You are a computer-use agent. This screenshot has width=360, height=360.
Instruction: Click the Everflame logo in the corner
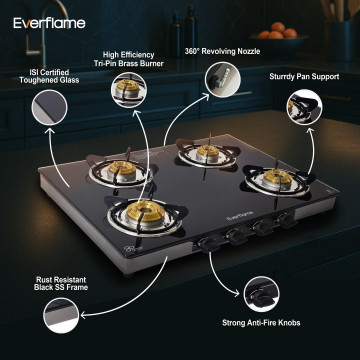point(49,23)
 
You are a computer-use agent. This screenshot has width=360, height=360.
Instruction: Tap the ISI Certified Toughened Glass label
point(49,76)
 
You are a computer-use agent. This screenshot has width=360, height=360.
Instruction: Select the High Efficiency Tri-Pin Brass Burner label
point(129,59)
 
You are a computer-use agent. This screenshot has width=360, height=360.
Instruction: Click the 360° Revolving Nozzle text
point(222,51)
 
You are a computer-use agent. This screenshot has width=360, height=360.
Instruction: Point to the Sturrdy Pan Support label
point(304,77)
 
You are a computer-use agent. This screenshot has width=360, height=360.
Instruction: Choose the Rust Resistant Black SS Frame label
point(61,283)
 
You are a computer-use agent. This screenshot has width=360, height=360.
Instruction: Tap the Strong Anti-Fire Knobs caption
point(261,323)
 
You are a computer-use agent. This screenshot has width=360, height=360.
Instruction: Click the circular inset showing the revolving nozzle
point(223,80)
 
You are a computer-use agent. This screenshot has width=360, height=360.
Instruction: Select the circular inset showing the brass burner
point(129,90)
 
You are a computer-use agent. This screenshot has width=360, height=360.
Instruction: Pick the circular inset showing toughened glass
point(49,108)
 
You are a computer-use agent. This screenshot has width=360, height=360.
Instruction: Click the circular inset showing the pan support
point(304,107)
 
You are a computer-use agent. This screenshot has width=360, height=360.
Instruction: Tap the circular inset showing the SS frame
point(61,315)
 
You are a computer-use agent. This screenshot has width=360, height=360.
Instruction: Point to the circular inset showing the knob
point(261,294)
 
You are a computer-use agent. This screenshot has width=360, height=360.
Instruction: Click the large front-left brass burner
point(145,211)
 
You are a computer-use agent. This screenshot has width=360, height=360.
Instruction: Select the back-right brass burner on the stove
point(278,177)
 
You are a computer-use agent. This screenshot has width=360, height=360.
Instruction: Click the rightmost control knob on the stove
point(287,220)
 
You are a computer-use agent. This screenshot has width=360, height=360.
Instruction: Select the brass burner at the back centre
point(208,152)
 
